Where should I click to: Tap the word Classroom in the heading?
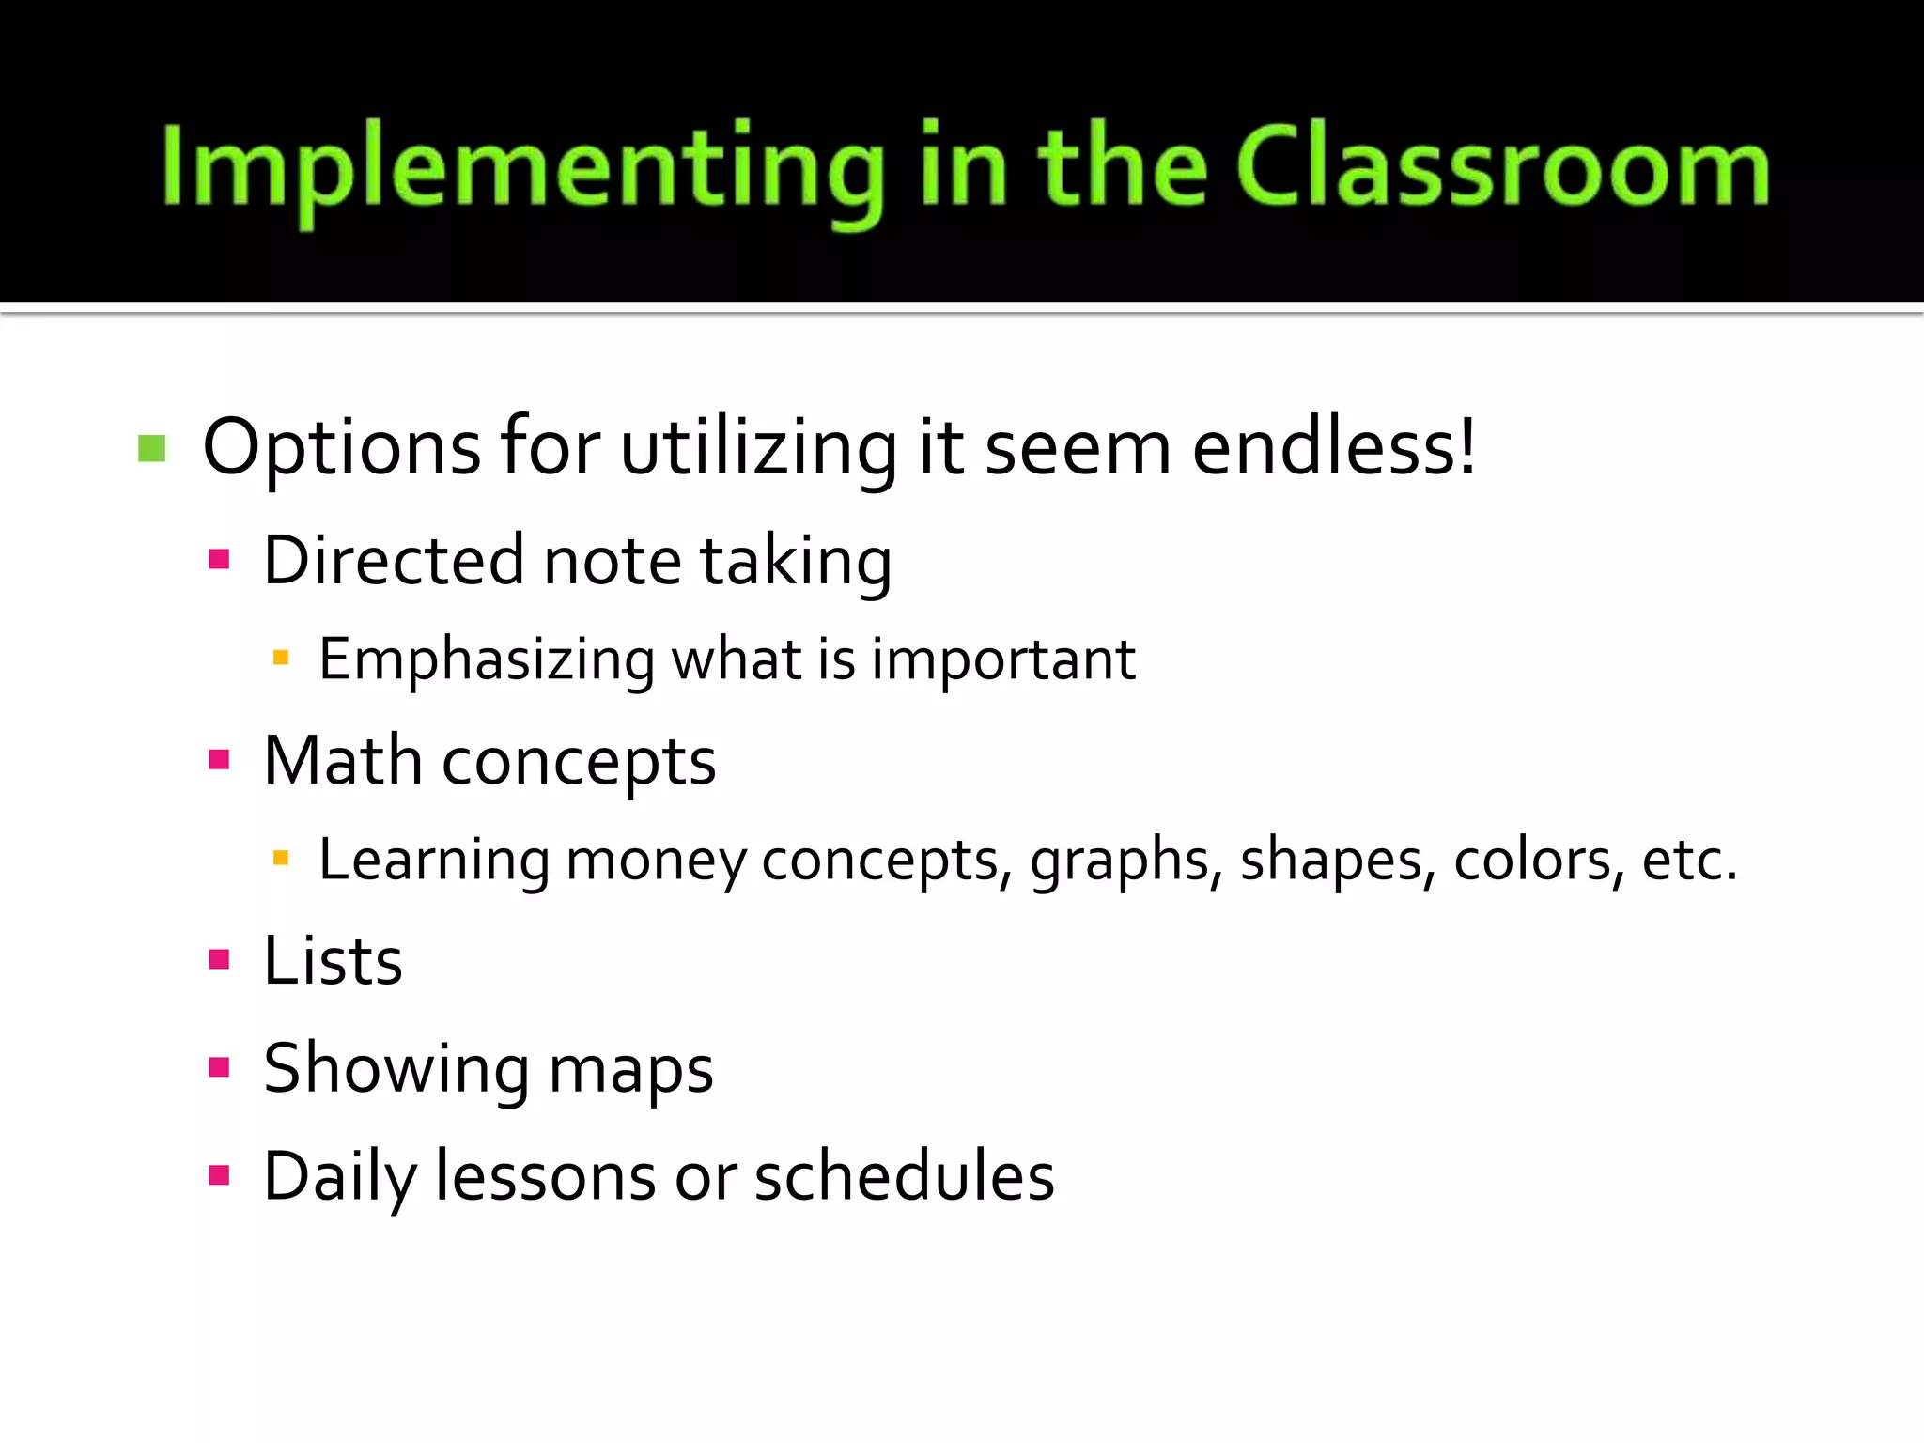pyautogui.click(x=1503, y=167)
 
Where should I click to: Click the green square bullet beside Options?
pyautogui.click(x=151, y=448)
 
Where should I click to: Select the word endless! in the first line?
pyautogui.click(x=1334, y=446)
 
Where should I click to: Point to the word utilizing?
pyautogui.click(x=759, y=448)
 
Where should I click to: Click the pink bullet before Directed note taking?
pyautogui.click(x=220, y=560)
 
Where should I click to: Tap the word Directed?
pyautogui.click(x=393, y=560)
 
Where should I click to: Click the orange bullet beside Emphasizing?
pyautogui.click(x=280, y=659)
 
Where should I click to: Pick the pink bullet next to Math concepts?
pyautogui.click(x=220, y=759)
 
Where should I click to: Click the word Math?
pyautogui.click(x=343, y=759)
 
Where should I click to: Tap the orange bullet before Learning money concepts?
pyautogui.click(x=280, y=858)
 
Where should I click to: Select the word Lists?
pyautogui.click(x=334, y=961)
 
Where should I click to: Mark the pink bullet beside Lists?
pyautogui.click(x=220, y=959)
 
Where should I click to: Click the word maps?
pyautogui.click(x=630, y=1070)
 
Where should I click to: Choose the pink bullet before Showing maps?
pyautogui.click(x=220, y=1066)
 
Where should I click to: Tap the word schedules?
pyautogui.click(x=905, y=1175)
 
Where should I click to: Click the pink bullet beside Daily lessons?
pyautogui.click(x=220, y=1175)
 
